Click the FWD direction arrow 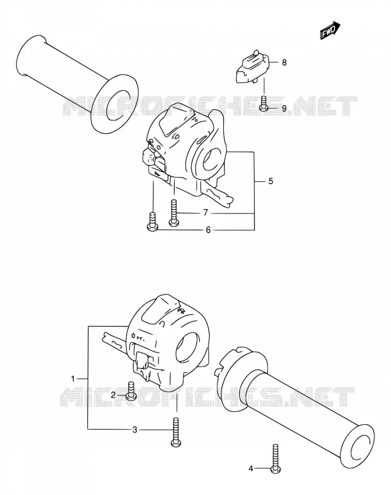click(330, 31)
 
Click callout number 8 click(284, 62)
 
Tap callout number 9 click(284, 109)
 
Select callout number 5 click(271, 181)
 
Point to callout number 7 click(206, 213)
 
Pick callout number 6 click(208, 230)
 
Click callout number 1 click(73, 378)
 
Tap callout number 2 click(113, 394)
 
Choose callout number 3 click(135, 430)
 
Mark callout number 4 click(251, 468)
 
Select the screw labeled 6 click(152, 221)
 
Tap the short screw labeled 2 click(131, 390)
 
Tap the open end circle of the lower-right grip click(358, 442)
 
